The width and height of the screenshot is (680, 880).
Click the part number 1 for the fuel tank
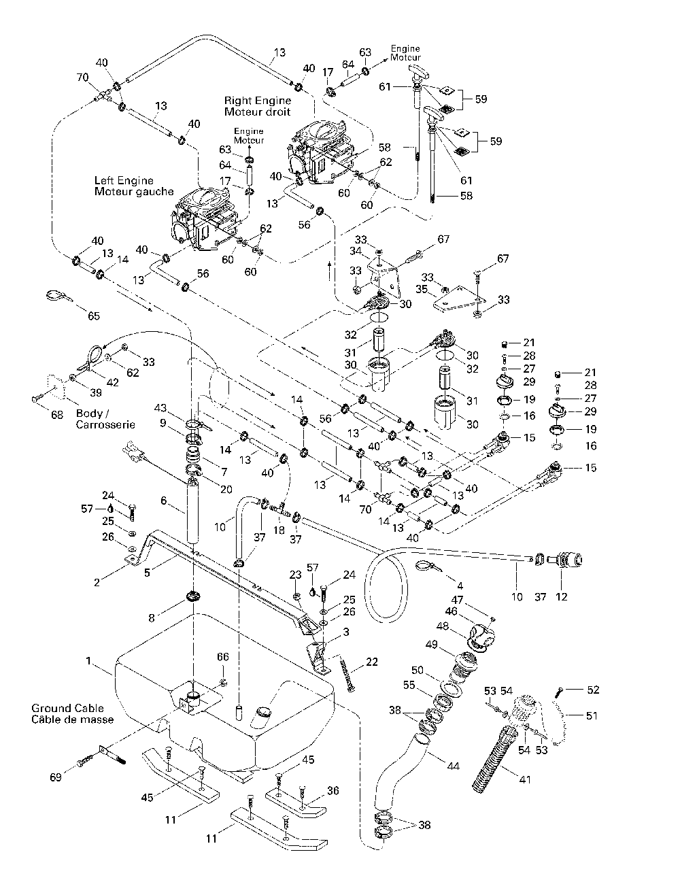pyautogui.click(x=88, y=661)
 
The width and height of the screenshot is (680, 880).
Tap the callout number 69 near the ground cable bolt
pyautogui.click(x=56, y=777)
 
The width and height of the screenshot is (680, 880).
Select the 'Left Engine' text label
pyautogui.click(x=124, y=180)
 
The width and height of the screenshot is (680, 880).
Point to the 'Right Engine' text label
pyautogui.click(x=258, y=100)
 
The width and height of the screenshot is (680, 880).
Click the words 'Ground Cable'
pyautogui.click(x=67, y=708)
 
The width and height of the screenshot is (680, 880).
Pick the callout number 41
pyautogui.click(x=525, y=779)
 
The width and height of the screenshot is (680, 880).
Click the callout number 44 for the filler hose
pyautogui.click(x=454, y=766)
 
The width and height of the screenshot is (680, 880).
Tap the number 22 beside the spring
pyautogui.click(x=371, y=662)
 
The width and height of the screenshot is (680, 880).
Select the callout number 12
pyautogui.click(x=562, y=596)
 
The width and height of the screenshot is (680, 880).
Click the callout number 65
pyautogui.click(x=94, y=316)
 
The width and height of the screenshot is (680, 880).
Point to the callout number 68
pyautogui.click(x=57, y=415)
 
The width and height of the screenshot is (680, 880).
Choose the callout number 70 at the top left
pyautogui.click(x=82, y=77)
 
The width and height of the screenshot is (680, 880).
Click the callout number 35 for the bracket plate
pyautogui.click(x=422, y=289)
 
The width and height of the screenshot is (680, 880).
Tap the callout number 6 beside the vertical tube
pyautogui.click(x=163, y=501)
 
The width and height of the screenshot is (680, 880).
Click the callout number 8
pyautogui.click(x=152, y=617)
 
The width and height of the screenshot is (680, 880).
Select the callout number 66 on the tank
pyautogui.click(x=223, y=656)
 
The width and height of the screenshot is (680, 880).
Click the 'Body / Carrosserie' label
pyautogui.click(x=105, y=419)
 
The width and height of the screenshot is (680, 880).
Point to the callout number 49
pyautogui.click(x=432, y=644)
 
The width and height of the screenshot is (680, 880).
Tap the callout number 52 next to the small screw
pyautogui.click(x=593, y=690)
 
